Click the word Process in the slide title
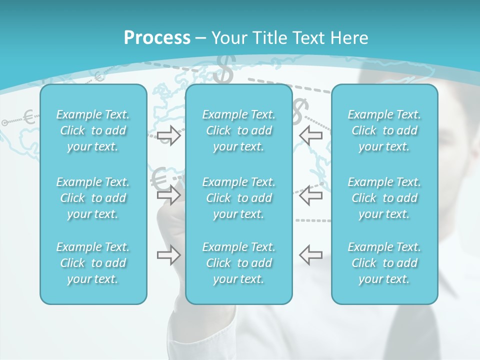pos(157,38)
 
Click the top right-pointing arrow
pos(169,135)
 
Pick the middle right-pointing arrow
pos(169,194)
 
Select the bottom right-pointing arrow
pos(169,255)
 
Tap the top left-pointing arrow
pos(310,135)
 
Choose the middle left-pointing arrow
pos(310,194)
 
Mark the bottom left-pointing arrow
pos(310,255)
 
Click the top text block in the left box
pos(93,130)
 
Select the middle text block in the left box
pos(93,198)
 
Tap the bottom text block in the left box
pos(93,263)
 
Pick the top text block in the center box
pos(239,130)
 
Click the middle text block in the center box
pos(239,198)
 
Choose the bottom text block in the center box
pos(239,263)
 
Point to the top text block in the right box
pos(384,130)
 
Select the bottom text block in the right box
pos(384,263)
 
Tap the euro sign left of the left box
pos(29,117)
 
